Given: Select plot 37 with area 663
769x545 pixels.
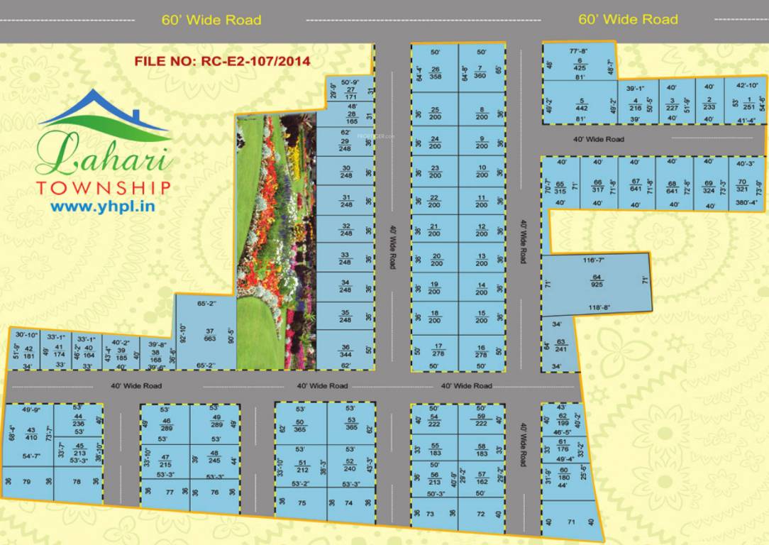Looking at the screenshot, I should point(209,334).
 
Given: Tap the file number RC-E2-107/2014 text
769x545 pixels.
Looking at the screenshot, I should point(222,61).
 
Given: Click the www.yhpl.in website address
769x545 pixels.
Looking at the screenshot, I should point(103,207).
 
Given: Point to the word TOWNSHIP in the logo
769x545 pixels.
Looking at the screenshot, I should point(103,188).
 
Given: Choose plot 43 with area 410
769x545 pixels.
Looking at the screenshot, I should point(31,433).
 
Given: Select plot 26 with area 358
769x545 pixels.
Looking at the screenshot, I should point(435,72).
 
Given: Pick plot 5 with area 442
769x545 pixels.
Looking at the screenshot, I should point(580,104).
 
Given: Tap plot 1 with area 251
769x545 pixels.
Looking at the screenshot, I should point(748,104).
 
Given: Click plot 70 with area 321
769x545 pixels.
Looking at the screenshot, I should point(742,185).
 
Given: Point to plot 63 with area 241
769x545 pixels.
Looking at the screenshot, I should point(560,345).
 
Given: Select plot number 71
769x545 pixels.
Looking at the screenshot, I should point(570,522).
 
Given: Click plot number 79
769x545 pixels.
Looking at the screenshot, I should point(26,482).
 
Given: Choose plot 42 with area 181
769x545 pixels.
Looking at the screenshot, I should point(28,351).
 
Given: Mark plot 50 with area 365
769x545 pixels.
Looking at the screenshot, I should point(300,426).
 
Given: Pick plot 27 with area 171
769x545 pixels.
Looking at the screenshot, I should point(350,93).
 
